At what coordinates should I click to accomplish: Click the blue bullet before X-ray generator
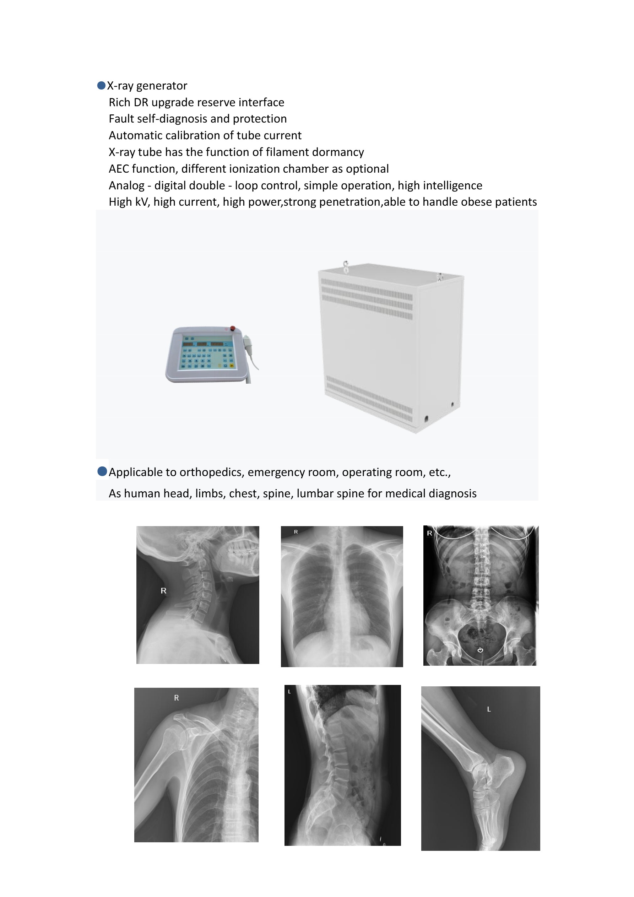(101, 86)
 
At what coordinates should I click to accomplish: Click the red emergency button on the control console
(233, 328)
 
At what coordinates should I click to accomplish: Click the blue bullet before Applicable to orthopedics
(102, 471)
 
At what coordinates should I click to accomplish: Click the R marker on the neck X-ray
(164, 591)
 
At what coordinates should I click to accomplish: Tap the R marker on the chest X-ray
(296, 532)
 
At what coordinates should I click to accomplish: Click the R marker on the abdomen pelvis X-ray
(429, 533)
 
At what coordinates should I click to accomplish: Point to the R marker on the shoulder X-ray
(176, 698)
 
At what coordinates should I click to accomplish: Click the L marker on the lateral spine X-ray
(289, 692)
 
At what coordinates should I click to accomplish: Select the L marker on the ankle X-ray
(489, 709)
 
